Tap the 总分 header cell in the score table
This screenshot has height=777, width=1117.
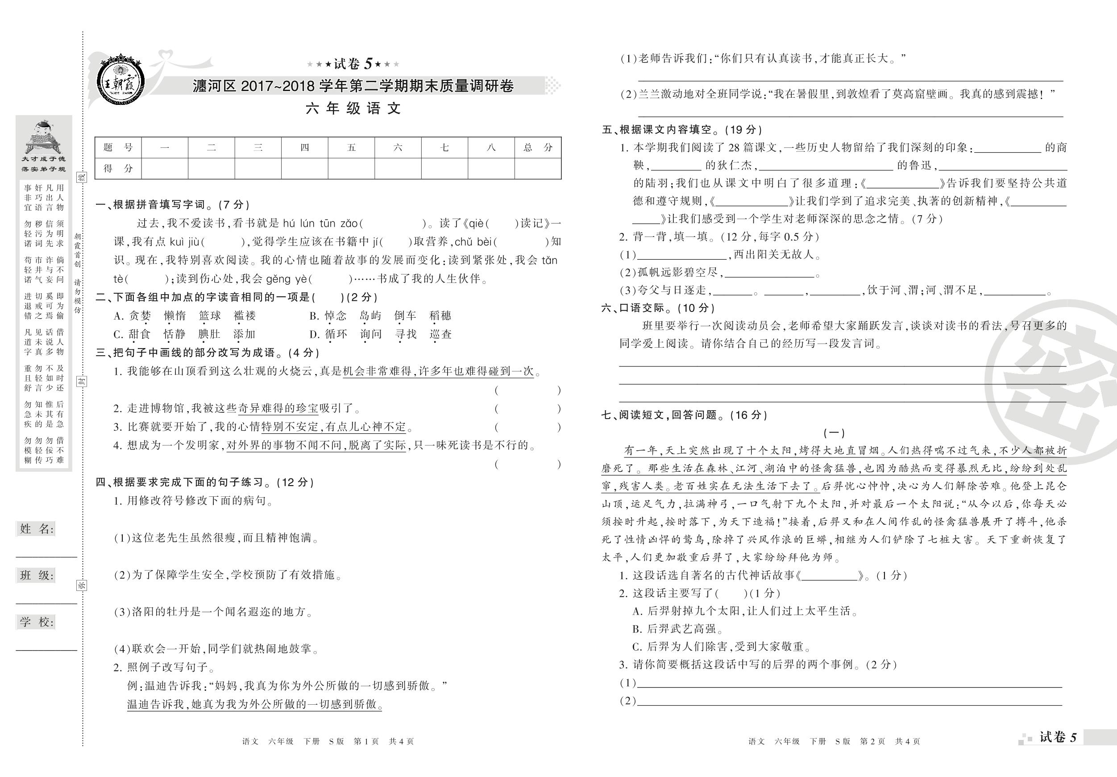click(538, 147)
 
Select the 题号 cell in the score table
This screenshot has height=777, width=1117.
click(118, 147)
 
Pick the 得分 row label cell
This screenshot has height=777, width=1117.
click(118, 168)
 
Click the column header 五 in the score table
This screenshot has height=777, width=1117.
click(351, 147)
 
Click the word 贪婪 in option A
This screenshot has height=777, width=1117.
click(140, 316)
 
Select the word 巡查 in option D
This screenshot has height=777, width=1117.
click(441, 334)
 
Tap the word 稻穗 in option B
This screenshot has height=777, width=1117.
click(441, 316)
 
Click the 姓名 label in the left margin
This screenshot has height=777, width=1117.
click(37, 529)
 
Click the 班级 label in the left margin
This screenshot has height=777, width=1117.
click(37, 576)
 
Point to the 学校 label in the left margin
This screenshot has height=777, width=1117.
click(37, 622)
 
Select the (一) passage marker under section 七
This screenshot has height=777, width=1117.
click(834, 432)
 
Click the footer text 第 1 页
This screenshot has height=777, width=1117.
click(366, 741)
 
